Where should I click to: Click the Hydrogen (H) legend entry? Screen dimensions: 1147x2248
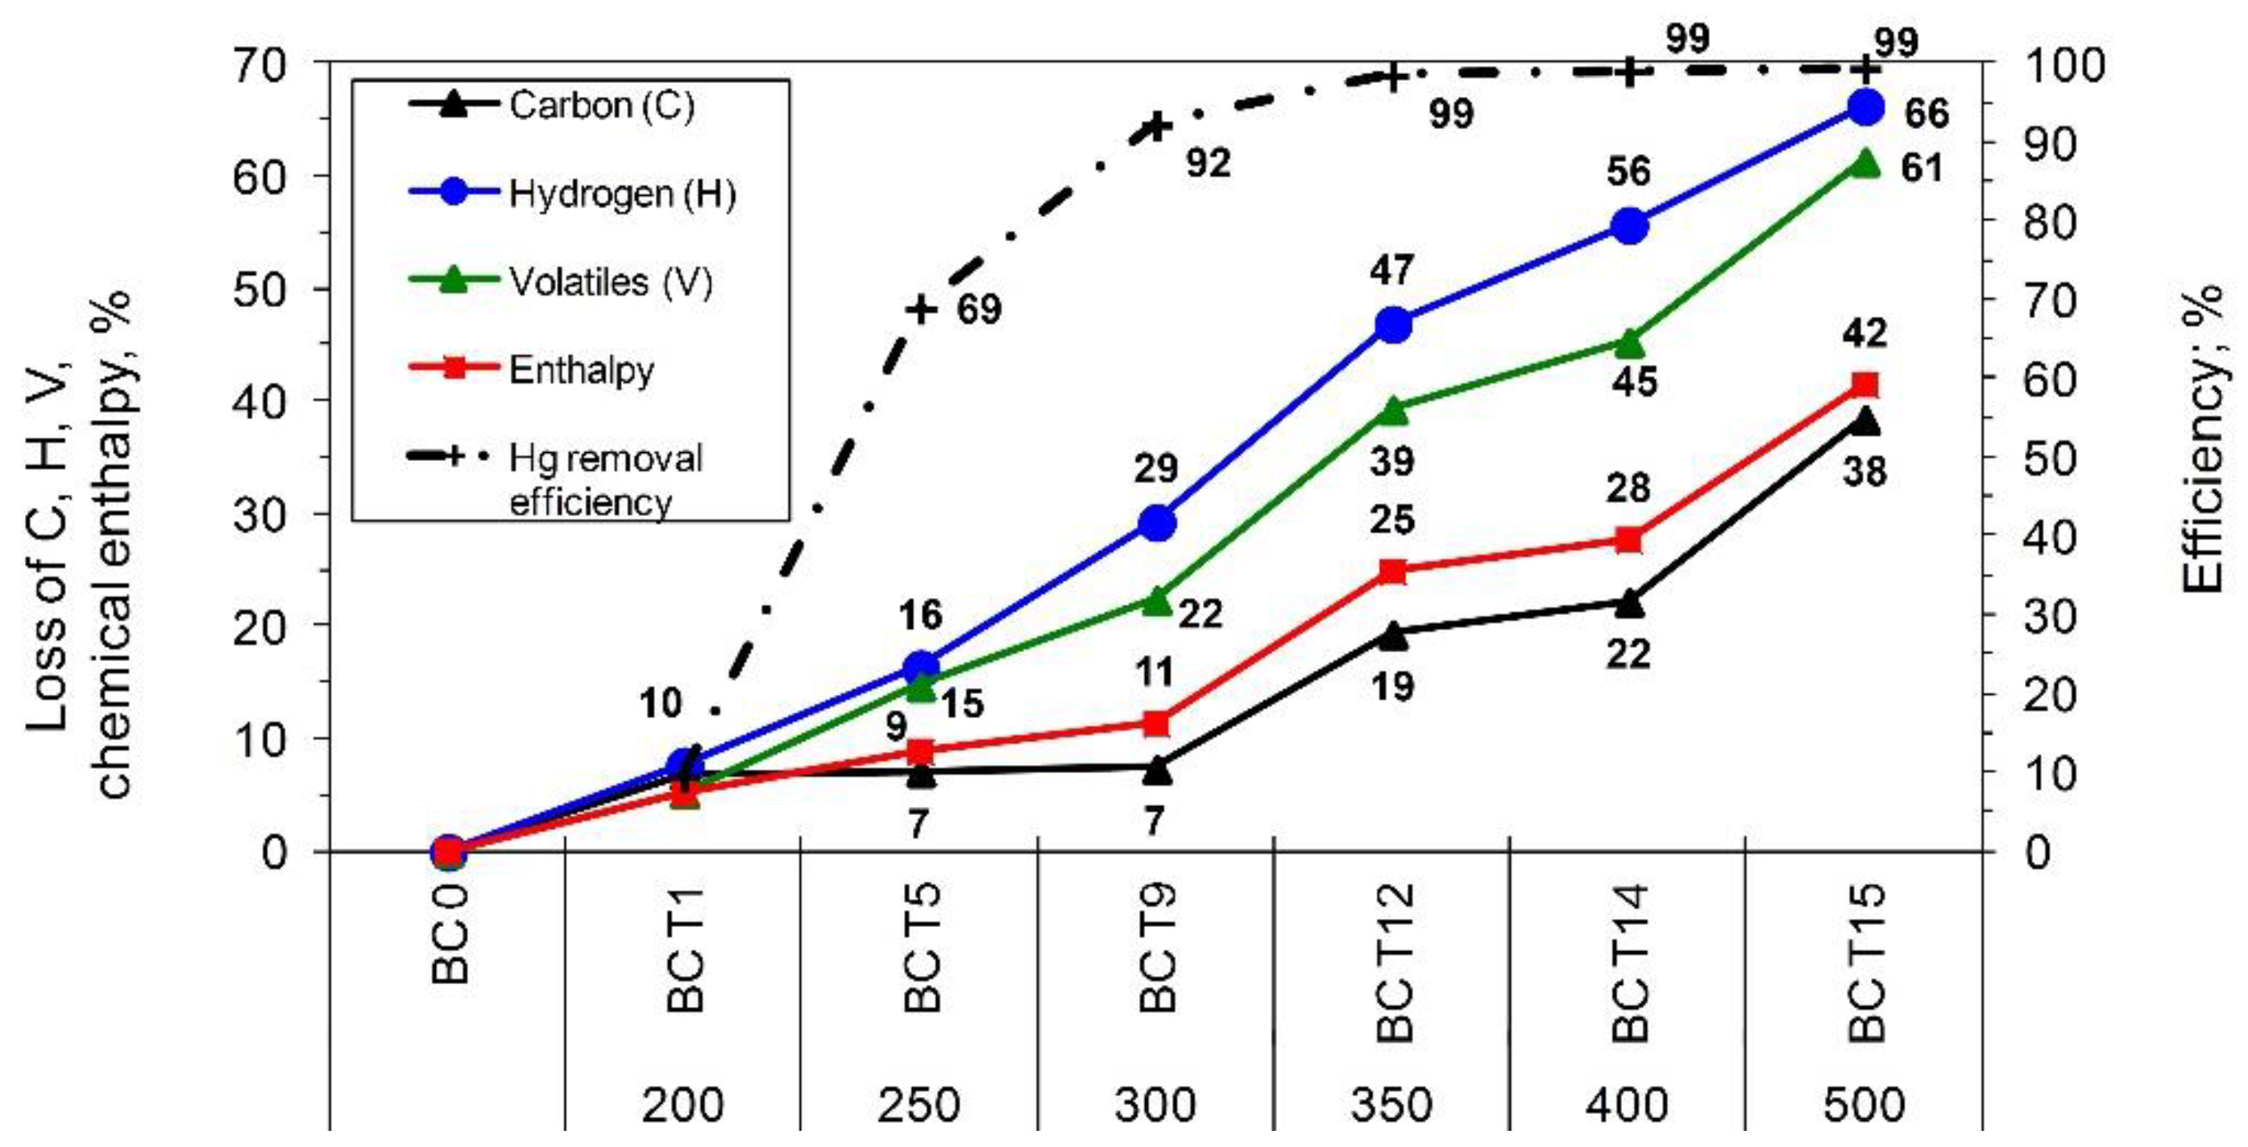tap(621, 193)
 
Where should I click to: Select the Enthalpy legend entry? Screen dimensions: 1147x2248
tap(580, 369)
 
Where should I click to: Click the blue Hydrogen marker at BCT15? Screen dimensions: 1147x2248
tap(1866, 106)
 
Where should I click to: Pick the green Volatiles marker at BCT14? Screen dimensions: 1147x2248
tap(1629, 343)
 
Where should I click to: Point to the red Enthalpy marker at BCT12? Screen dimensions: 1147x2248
tap(1393, 571)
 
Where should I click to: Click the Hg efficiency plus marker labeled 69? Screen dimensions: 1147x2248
tap(922, 309)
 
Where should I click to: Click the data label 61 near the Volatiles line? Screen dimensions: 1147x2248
tap(1922, 168)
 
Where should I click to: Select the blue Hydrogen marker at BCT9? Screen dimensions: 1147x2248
tap(1157, 524)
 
